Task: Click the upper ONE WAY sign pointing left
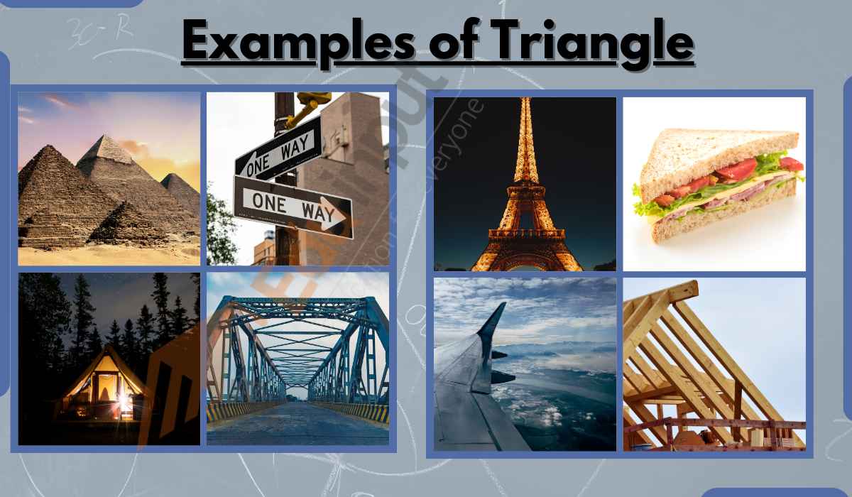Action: click(277, 152)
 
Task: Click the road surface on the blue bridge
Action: click(298, 426)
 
